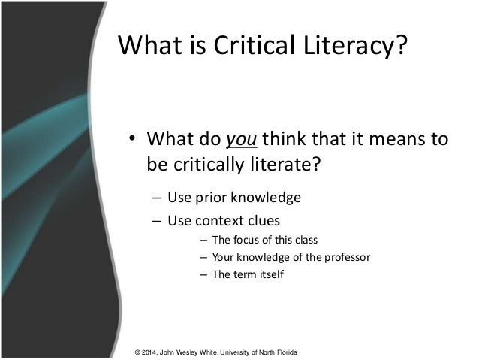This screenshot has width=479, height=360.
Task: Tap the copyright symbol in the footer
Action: coord(136,352)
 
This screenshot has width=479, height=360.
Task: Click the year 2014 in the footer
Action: coord(152,352)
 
